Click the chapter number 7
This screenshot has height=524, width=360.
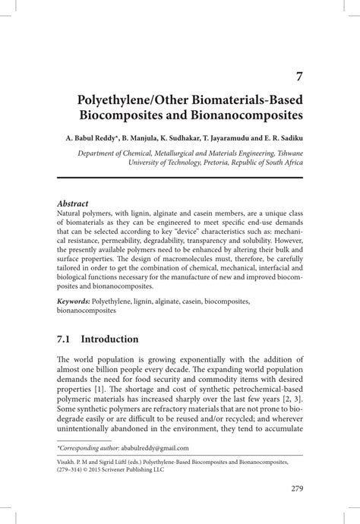pos(300,76)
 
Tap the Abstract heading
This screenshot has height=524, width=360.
pos(73,204)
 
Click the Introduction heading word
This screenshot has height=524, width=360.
pos(109,339)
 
